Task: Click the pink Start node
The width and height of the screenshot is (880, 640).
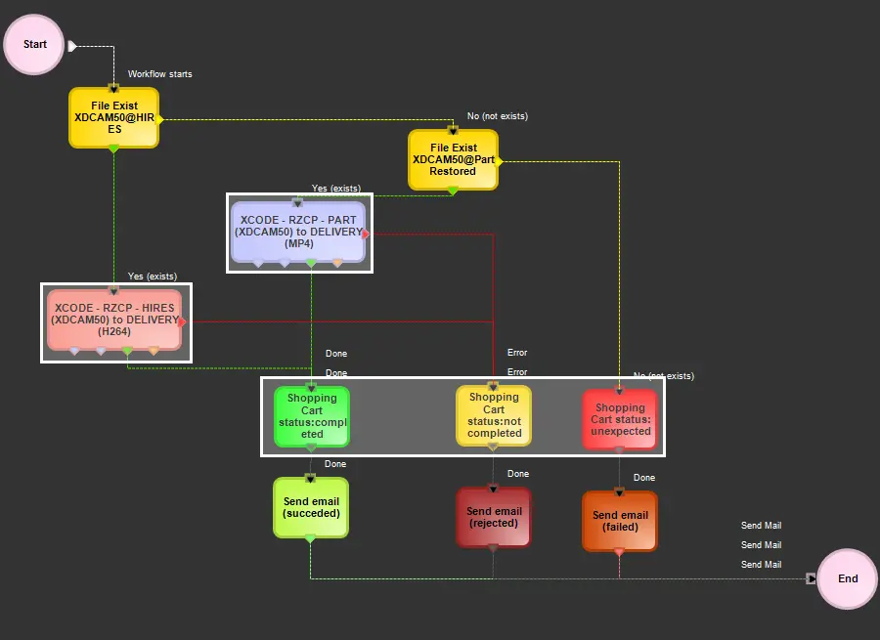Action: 35,45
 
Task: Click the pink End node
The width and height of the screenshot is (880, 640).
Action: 847,578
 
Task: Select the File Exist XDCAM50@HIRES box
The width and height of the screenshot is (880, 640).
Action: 113,117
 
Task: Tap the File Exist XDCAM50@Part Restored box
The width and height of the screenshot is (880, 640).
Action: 453,159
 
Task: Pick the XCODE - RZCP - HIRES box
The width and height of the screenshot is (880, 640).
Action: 114,320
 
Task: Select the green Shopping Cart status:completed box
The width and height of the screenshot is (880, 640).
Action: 311,416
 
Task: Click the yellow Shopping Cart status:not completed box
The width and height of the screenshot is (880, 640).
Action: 493,416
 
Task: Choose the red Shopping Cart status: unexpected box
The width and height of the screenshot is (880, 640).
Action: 619,419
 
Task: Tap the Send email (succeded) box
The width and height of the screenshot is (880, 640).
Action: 310,507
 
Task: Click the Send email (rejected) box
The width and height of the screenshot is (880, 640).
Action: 493,517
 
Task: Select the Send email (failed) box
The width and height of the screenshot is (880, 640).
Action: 619,521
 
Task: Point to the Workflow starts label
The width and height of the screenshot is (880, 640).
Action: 160,74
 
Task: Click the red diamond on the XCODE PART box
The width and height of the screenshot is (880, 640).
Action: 365,234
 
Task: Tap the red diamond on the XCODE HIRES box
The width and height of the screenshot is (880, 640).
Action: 182,321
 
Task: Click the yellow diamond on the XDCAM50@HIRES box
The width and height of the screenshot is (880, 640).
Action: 160,119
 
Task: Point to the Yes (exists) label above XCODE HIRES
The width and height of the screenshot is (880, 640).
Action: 153,277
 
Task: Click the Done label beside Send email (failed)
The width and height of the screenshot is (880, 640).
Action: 644,478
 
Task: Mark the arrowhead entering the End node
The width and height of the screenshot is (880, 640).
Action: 811,578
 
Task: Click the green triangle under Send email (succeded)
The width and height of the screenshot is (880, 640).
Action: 310,538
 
